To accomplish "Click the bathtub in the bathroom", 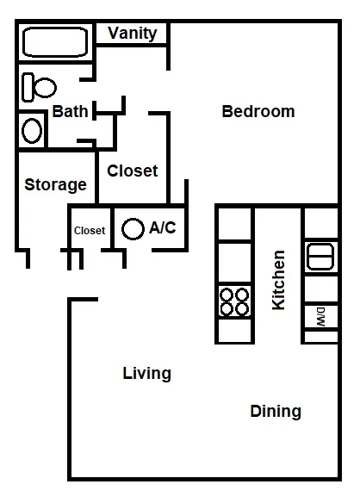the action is [x=55, y=42].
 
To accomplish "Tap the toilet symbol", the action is [x=39, y=87].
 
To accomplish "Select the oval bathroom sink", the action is [x=32, y=131].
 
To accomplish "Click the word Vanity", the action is [x=132, y=34].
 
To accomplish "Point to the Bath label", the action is [x=70, y=111].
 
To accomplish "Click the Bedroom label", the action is [x=258, y=111].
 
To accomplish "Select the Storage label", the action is [x=55, y=185].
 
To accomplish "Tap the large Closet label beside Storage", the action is [x=132, y=171].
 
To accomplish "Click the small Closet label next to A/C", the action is [x=90, y=230].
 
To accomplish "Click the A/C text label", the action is [x=163, y=227].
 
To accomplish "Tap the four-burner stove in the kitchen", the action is [x=235, y=301].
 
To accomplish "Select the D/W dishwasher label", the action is [x=321, y=317].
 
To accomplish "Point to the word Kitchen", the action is [x=278, y=280].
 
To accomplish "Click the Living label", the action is [x=147, y=374].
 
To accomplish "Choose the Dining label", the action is [x=276, y=411].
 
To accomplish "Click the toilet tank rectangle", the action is [x=28, y=87].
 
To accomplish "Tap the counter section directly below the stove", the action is [x=235, y=330].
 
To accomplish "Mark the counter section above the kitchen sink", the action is [x=321, y=223].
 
